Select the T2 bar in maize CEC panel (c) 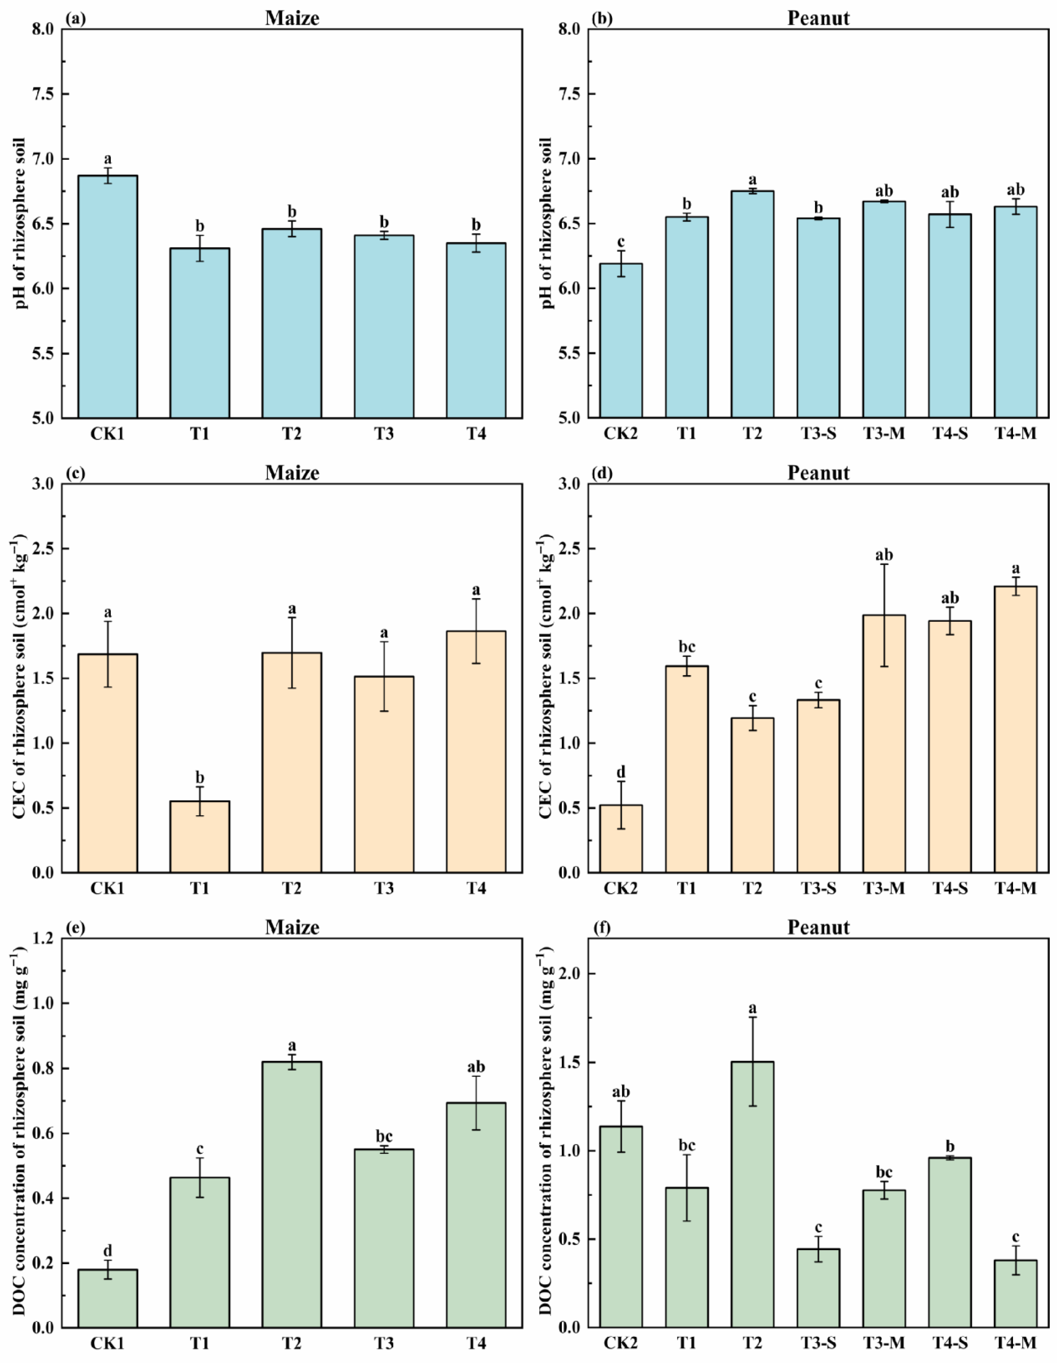pos(292,762)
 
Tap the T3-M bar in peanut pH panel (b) pos(884,309)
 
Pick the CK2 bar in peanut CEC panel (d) pos(621,839)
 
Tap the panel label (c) pos(75,473)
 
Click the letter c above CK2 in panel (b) pos(621,242)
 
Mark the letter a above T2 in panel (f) pos(753,1008)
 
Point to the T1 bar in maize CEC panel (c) pos(200,836)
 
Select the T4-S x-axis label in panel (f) pos(950,1342)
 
